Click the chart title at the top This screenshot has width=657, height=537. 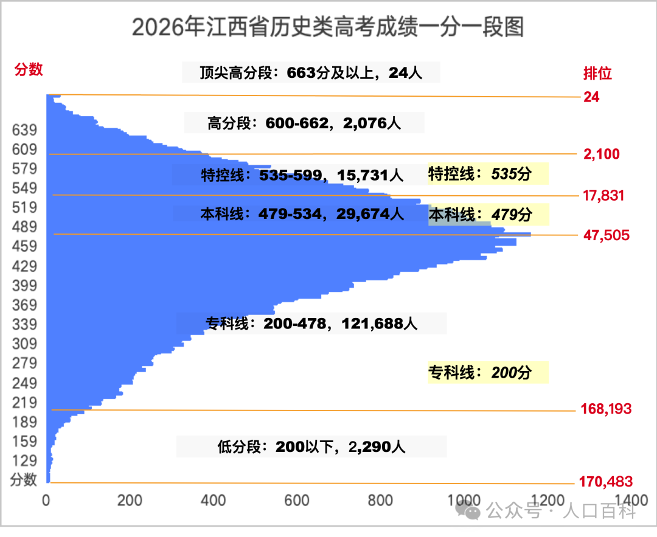coord(328,27)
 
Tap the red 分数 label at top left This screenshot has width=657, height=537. coord(29,69)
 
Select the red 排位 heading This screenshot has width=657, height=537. coord(597,74)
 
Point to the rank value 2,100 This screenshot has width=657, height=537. coord(601,154)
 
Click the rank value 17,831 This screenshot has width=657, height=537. coord(603,195)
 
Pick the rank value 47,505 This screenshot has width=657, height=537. coord(607,235)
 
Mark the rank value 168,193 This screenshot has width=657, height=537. coord(606,409)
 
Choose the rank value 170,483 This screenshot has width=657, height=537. coord(605,482)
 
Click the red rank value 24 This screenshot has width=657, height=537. coord(591,97)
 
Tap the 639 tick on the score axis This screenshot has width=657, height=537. coord(24,130)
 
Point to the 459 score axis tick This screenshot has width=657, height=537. coord(24,246)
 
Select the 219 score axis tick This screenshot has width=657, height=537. coord(24,403)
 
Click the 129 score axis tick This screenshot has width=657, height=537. coord(24,461)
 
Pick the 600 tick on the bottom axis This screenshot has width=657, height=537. coord(297,501)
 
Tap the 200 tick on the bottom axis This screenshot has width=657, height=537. coord(130,501)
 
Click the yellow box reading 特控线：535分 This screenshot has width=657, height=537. coord(488,173)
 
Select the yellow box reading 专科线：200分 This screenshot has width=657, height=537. coord(488,372)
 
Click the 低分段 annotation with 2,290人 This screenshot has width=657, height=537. coord(311,447)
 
